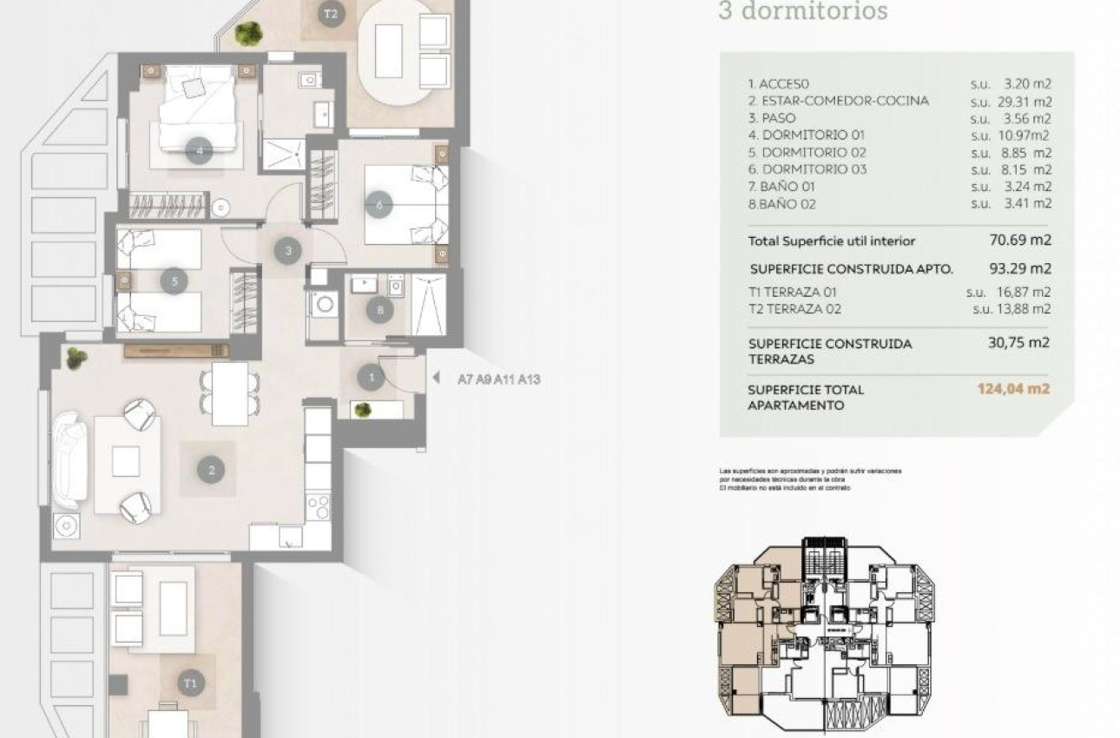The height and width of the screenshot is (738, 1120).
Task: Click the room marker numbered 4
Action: click(200, 150)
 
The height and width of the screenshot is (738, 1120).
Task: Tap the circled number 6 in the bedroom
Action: click(379, 205)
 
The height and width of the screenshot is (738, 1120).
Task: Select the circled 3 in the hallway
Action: click(288, 251)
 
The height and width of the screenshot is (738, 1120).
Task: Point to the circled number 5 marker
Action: click(175, 280)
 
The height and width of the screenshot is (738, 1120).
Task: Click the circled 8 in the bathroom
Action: click(379, 309)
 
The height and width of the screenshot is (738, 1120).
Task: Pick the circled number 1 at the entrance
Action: click(371, 378)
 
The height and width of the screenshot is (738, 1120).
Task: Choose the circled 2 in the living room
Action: click(210, 471)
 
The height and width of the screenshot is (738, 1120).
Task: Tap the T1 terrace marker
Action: click(190, 682)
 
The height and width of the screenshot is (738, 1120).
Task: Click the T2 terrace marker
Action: click(329, 14)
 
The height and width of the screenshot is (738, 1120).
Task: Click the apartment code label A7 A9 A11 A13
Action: click(498, 379)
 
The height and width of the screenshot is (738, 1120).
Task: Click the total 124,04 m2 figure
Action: click(1013, 388)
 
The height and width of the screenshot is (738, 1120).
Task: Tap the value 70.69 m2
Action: click(1020, 240)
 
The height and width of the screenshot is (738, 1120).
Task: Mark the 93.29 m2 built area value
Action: click(1020, 268)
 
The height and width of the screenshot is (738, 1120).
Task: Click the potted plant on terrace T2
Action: click(249, 33)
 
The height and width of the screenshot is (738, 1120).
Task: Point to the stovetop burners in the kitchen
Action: click(319, 504)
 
